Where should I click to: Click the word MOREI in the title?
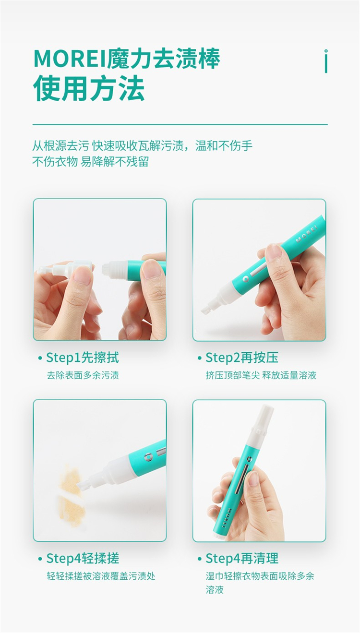click(x=71, y=59)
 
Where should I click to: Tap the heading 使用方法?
click(x=89, y=88)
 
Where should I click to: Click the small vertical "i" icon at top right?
click(x=326, y=61)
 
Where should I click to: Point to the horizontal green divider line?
click(x=180, y=124)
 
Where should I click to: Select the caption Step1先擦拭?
click(x=83, y=358)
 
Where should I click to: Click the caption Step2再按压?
click(x=242, y=358)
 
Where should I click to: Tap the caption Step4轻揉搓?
click(x=83, y=558)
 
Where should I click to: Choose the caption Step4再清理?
click(x=242, y=558)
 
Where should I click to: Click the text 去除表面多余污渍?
click(x=83, y=375)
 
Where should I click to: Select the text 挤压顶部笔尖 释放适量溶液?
click(x=261, y=375)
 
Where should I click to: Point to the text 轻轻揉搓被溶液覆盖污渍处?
click(x=101, y=576)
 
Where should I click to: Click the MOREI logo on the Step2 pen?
click(x=307, y=234)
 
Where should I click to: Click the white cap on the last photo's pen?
click(x=263, y=421)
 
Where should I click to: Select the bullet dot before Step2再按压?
click(x=200, y=358)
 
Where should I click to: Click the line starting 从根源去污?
click(x=142, y=146)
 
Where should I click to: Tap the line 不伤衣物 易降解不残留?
click(x=90, y=162)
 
